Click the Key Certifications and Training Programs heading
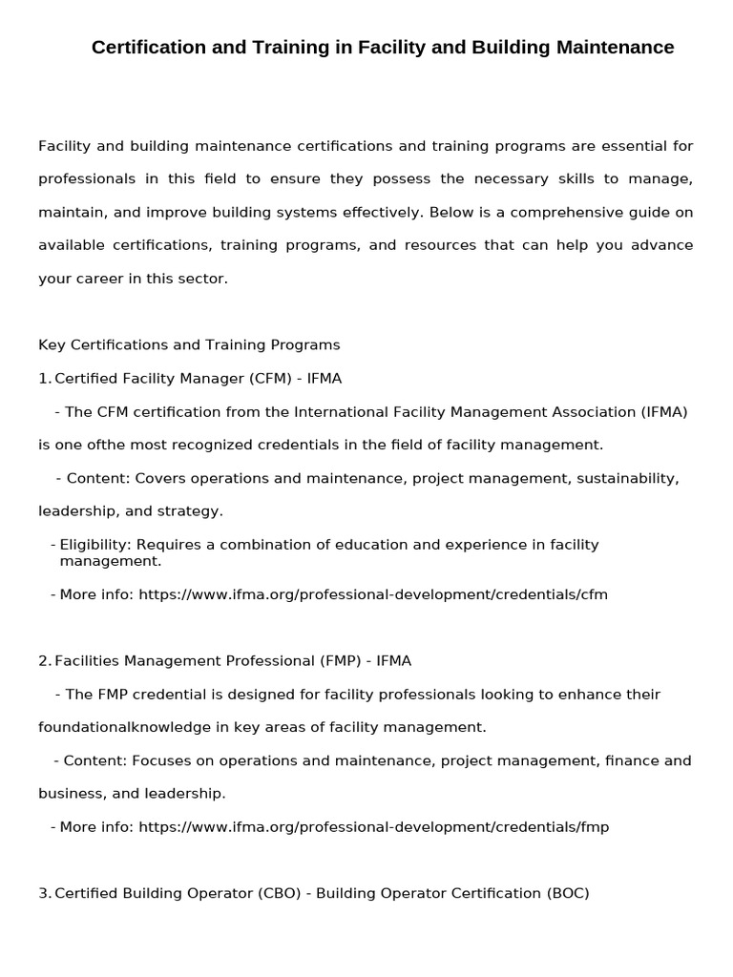(x=189, y=344)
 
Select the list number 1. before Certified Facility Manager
(x=44, y=379)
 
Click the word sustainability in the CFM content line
(x=628, y=478)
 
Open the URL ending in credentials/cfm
(x=373, y=594)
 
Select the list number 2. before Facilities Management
(x=44, y=660)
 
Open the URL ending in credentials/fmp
(x=373, y=827)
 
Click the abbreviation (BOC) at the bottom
(x=568, y=893)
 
